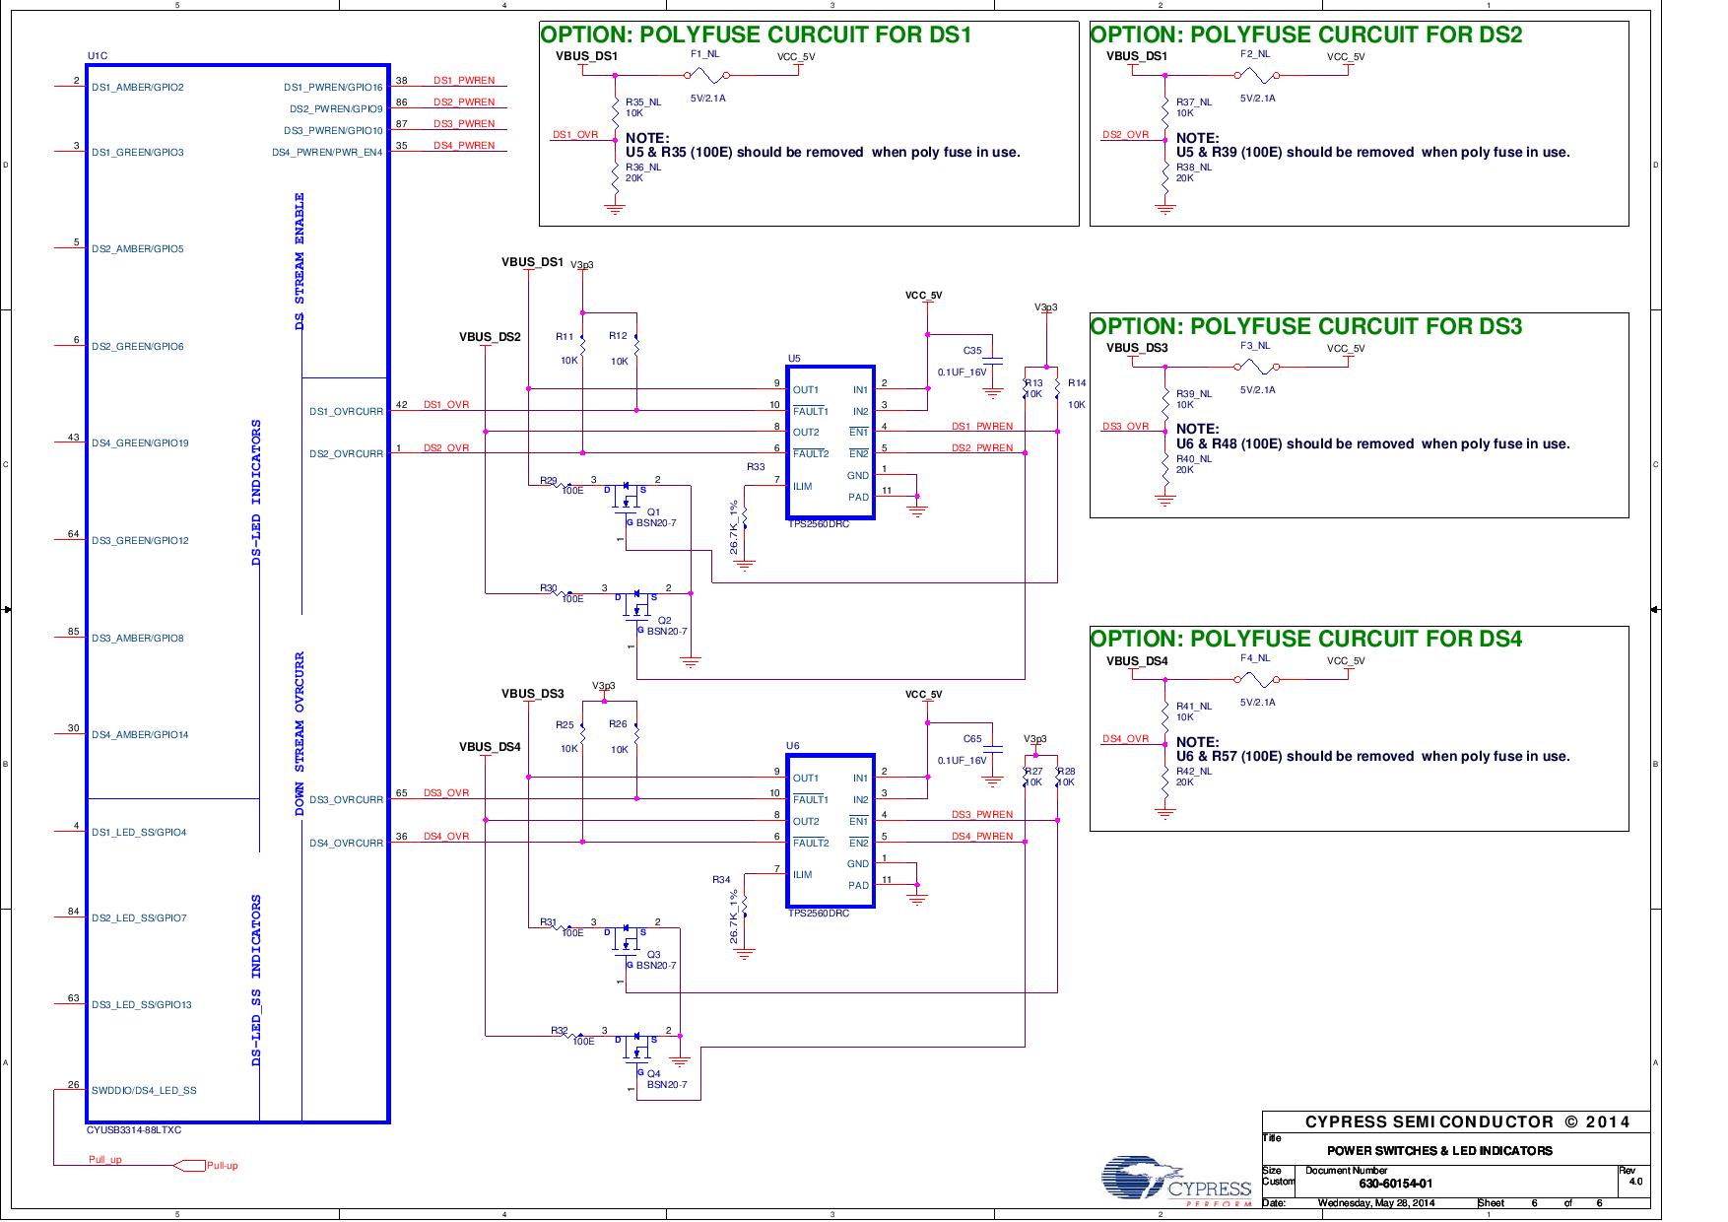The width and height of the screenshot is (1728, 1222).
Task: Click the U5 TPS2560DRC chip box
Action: click(x=830, y=442)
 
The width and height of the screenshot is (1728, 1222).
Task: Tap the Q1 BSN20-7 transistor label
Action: click(x=654, y=512)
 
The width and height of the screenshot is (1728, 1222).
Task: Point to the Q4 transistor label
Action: click(x=654, y=1073)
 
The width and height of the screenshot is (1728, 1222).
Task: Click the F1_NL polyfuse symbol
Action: click(x=708, y=76)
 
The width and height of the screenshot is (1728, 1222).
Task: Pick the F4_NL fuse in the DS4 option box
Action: click(x=1257, y=679)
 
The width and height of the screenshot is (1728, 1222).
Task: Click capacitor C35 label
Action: click(x=971, y=351)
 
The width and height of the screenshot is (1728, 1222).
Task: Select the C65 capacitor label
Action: click(x=971, y=739)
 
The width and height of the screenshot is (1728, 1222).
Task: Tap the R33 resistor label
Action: click(x=755, y=467)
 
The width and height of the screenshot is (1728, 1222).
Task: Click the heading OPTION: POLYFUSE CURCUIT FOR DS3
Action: click(x=1306, y=326)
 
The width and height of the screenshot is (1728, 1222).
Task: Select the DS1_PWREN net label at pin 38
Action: click(x=464, y=81)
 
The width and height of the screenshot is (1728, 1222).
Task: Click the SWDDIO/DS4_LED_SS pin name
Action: click(x=144, y=1091)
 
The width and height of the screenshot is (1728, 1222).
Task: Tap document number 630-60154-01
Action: click(x=1396, y=1184)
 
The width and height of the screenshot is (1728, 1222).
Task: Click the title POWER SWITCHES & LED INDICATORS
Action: click(x=1439, y=1150)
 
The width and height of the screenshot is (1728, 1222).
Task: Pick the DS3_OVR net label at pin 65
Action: click(x=446, y=793)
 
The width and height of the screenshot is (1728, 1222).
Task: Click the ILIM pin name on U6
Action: click(x=803, y=875)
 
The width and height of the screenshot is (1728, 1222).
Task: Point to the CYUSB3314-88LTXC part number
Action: click(x=135, y=1130)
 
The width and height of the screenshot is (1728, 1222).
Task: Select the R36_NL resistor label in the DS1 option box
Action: click(x=642, y=168)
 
